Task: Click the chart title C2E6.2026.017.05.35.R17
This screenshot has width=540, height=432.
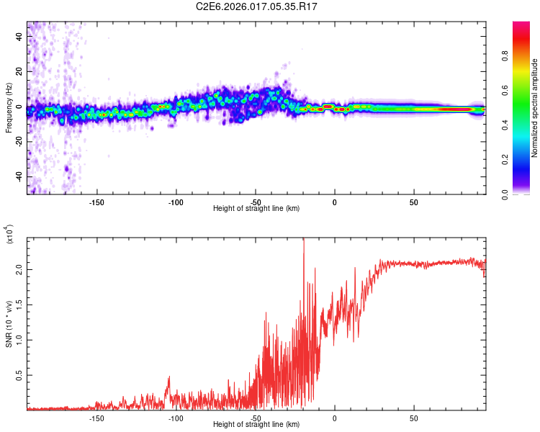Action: point(256,6)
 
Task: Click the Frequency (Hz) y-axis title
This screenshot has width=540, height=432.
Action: point(9,108)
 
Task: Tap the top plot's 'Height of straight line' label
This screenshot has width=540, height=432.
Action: point(256,208)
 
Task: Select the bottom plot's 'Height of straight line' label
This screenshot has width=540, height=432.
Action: point(256,424)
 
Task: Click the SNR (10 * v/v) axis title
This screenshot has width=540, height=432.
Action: point(9,323)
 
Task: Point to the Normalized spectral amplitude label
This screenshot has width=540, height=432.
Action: point(535,108)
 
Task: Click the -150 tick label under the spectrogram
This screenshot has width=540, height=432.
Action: point(96,202)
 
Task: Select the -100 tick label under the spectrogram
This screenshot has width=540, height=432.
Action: point(176,202)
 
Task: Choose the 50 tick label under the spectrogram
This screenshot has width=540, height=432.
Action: point(413,202)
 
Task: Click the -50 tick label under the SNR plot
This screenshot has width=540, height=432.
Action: point(255,418)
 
